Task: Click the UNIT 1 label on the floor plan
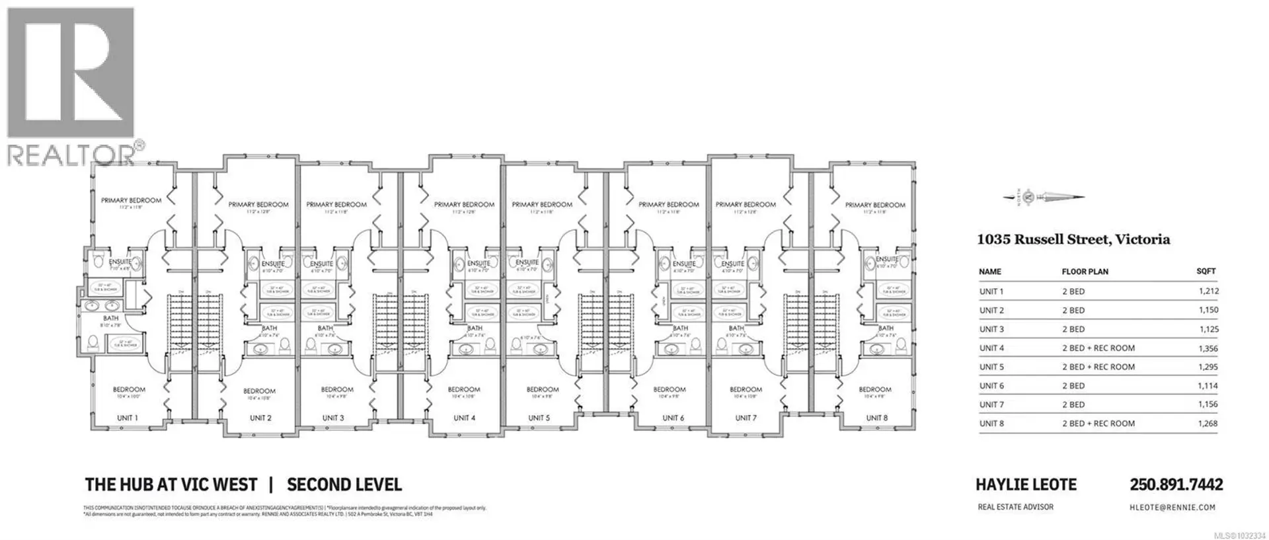128,418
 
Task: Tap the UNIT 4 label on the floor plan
464,418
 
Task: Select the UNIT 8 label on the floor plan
877,418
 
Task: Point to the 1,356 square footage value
1207,348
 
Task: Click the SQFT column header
1206,271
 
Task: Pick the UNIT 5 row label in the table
991,367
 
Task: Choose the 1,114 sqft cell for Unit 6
1207,386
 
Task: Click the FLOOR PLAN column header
1085,272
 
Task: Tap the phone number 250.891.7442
1176,484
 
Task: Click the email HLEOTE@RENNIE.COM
1172,508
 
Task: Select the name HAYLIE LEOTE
1026,484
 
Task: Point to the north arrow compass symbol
1044,196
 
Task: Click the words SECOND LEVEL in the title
344,484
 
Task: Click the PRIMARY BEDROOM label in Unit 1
131,200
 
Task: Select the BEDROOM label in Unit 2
258,391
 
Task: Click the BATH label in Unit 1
110,319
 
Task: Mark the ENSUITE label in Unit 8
886,260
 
